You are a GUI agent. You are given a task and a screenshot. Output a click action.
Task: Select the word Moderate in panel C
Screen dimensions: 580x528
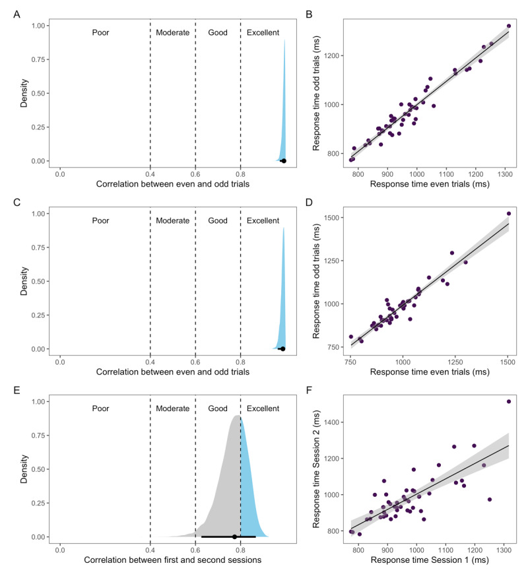(x=173, y=220)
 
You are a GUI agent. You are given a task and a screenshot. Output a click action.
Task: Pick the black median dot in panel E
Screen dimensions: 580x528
(x=234, y=536)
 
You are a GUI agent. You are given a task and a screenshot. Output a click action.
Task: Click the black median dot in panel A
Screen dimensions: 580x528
(x=284, y=160)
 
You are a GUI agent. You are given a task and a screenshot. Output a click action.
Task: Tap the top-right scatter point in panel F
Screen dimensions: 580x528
(x=509, y=401)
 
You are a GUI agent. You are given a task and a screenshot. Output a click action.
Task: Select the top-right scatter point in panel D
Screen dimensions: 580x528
(x=509, y=213)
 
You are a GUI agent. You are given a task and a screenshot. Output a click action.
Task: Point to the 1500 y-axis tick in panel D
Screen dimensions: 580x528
(x=333, y=217)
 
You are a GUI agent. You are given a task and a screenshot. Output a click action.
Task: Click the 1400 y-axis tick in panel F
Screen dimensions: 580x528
(x=333, y=422)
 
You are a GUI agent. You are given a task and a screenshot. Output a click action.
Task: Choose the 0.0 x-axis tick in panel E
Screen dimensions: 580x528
(x=60, y=548)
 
